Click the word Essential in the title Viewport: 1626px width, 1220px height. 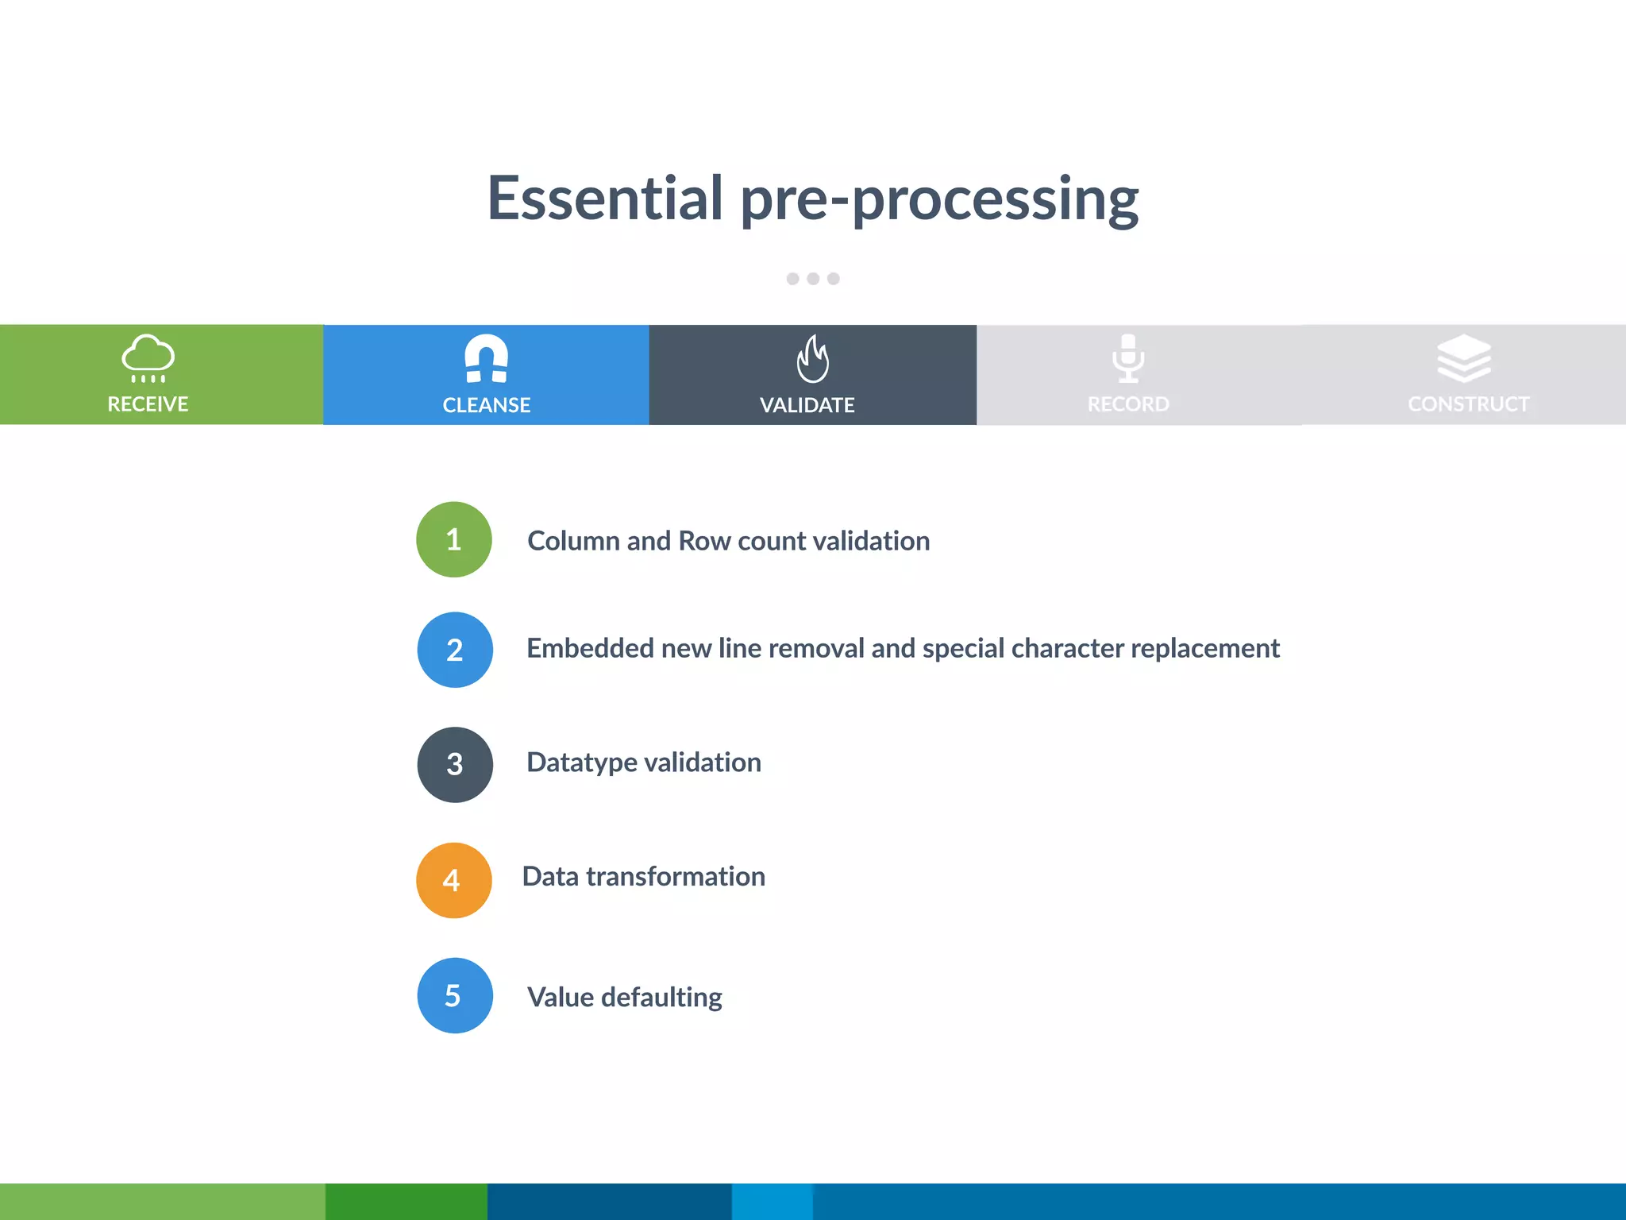(605, 198)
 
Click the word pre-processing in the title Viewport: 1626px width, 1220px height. (939, 200)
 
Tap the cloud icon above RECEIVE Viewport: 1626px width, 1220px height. (148, 357)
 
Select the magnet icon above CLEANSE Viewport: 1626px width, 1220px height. (486, 358)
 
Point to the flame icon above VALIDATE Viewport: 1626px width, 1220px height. (812, 359)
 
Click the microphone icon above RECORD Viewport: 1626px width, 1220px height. (1128, 358)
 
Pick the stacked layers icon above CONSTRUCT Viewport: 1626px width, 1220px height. (1464, 358)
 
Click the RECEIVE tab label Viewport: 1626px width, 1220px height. (148, 404)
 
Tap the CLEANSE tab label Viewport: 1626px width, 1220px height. (486, 405)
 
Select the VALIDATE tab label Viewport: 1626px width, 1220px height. (807, 405)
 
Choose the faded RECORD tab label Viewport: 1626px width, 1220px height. (1128, 404)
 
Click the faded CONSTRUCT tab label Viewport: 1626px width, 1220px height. (1468, 404)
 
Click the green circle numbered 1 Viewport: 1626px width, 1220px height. (454, 539)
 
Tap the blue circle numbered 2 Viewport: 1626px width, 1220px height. (455, 650)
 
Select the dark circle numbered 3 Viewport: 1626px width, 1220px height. (455, 764)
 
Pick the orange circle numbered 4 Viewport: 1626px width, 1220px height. (454, 880)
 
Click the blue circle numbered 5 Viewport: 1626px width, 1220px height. (455, 995)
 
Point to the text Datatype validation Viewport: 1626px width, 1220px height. (644, 762)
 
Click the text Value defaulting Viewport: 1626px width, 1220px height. (625, 997)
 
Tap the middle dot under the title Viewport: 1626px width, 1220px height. (813, 279)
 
